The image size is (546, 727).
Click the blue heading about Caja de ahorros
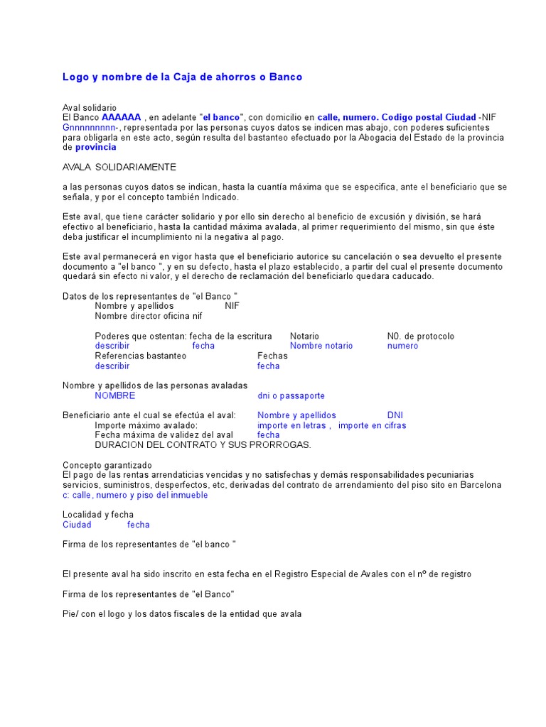182,77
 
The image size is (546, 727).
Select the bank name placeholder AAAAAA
122,117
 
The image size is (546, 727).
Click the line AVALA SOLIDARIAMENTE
119,167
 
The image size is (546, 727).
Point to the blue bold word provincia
95,147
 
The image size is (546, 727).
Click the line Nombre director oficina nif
149,316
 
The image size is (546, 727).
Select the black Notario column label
304,336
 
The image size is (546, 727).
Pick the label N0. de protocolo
420,336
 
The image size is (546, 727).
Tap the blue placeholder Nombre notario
321,346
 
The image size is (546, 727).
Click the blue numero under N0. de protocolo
402,346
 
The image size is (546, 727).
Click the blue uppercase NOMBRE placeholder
114,395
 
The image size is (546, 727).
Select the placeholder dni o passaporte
291,395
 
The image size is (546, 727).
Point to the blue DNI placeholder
395,415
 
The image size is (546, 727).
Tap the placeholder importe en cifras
372,425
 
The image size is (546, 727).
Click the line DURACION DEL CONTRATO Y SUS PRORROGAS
203,445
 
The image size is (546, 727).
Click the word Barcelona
481,485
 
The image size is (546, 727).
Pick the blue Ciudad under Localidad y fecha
77,525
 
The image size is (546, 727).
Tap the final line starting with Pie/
182,614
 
